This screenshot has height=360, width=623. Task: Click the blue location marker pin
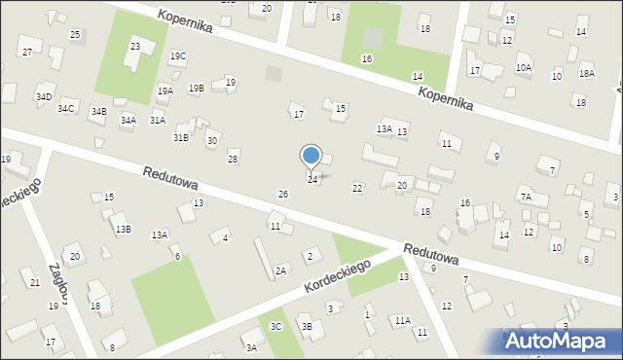311,156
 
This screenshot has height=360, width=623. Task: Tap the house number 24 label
312,179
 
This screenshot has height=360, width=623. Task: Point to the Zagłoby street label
57,283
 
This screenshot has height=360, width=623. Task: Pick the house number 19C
178,56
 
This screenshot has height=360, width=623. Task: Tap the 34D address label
44,97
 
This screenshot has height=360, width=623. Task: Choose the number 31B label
181,138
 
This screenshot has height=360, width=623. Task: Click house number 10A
524,67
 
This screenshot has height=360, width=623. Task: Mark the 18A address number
586,74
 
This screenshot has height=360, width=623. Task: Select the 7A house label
527,198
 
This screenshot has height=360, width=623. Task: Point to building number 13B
123,230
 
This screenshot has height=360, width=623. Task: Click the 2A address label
280,270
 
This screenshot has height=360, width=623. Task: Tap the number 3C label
276,326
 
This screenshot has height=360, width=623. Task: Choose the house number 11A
402,320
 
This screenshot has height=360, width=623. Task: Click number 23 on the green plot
135,47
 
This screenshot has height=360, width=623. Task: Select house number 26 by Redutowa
282,195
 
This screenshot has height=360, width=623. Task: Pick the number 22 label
357,188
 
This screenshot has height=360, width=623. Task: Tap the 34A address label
128,120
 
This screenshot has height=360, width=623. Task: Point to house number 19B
196,89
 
